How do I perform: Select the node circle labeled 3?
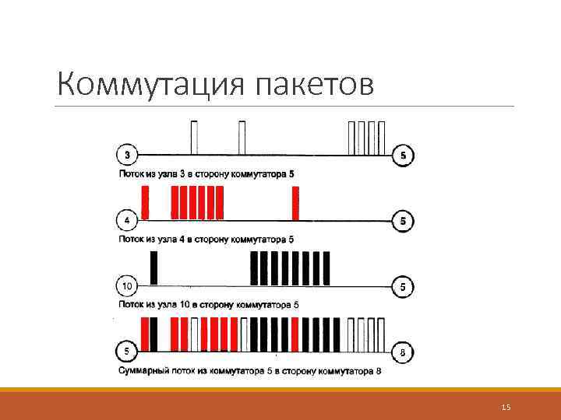coord(127,155)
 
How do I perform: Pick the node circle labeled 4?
coord(127,221)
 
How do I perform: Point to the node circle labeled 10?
coord(127,286)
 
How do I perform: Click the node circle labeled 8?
coord(403,352)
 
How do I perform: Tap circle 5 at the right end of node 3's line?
coord(403,155)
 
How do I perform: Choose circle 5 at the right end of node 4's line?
coord(403,221)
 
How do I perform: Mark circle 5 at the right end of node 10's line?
coord(403,286)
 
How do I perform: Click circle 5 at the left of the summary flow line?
coord(127,352)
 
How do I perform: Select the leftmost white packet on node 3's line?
coord(194,138)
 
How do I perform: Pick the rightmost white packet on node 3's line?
coord(382,138)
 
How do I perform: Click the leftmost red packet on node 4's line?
coord(145,204)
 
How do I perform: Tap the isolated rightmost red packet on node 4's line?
coord(295,204)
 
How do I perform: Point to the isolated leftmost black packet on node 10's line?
coord(153,269)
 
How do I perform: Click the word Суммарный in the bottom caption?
coord(146,371)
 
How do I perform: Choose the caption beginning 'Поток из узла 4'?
coord(206,239)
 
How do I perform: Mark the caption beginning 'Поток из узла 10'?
coord(208,304)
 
